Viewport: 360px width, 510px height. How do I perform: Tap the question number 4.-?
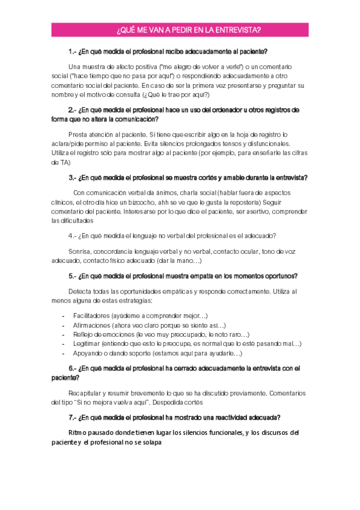pyautogui.click(x=73, y=236)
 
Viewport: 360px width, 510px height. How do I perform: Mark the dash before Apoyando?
pyautogui.click(x=64, y=353)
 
